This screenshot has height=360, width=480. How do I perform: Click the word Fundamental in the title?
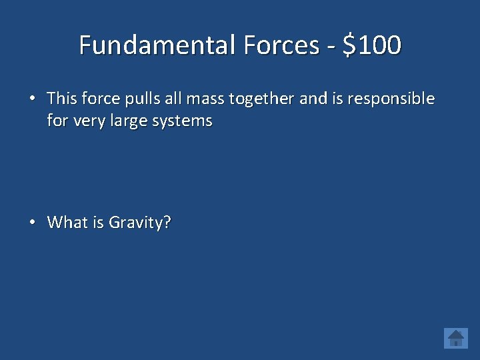click(158, 45)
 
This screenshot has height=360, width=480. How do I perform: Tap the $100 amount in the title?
click(372, 45)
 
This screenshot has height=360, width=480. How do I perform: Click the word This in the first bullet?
click(63, 99)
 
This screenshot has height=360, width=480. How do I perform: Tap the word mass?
click(205, 100)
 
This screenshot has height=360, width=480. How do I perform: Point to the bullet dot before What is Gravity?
click(32, 223)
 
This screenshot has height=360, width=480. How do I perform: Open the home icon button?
click(456, 338)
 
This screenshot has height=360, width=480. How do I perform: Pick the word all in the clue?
click(173, 99)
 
